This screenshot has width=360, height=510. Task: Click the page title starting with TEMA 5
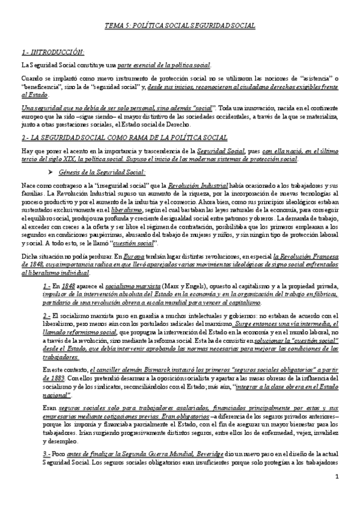(x=180, y=26)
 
